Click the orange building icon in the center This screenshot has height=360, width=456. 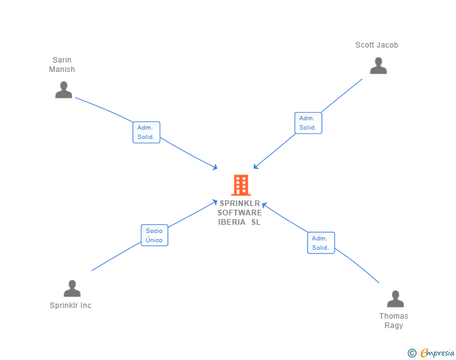pyautogui.click(x=241, y=185)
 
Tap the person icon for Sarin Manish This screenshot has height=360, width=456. pyautogui.click(x=63, y=90)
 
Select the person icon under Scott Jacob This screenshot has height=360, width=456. pyautogui.click(x=378, y=66)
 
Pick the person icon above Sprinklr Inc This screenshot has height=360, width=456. pyautogui.click(x=72, y=289)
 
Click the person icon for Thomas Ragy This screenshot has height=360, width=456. pyautogui.click(x=395, y=299)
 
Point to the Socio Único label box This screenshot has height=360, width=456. pyautogui.click(x=154, y=235)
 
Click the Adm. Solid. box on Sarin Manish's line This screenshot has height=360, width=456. pyautogui.click(x=147, y=132)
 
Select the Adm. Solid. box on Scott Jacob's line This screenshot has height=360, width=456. pyautogui.click(x=308, y=123)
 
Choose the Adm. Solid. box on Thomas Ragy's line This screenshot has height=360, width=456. pyautogui.click(x=321, y=243)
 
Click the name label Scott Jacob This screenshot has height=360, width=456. pyautogui.click(x=376, y=45)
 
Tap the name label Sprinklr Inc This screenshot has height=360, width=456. pyautogui.click(x=71, y=306)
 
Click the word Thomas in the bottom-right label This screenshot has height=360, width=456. pyautogui.click(x=393, y=316)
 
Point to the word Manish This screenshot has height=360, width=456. pyautogui.click(x=62, y=69)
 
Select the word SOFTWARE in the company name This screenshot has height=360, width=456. pyautogui.click(x=240, y=213)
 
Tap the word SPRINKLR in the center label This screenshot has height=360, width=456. pyautogui.click(x=240, y=203)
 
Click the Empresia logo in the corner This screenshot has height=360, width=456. pyautogui.click(x=437, y=353)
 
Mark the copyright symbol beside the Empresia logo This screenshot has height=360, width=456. pyautogui.click(x=412, y=354)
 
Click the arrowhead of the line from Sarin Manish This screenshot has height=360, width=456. pyautogui.click(x=215, y=168)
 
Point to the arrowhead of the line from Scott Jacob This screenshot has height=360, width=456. pyautogui.click(x=255, y=167)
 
